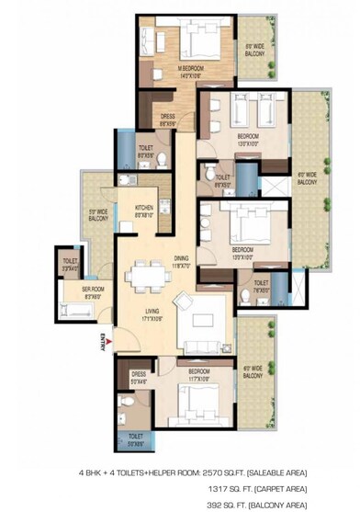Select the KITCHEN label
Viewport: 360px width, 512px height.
pyautogui.click(x=144, y=209)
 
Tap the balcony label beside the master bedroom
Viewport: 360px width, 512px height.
pyautogui.click(x=256, y=50)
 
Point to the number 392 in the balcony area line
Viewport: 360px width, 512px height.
pyautogui.click(x=214, y=504)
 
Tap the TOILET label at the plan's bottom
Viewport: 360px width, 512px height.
pyautogui.click(x=135, y=436)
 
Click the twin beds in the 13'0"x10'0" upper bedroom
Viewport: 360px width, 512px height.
pyautogui.click(x=247, y=115)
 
